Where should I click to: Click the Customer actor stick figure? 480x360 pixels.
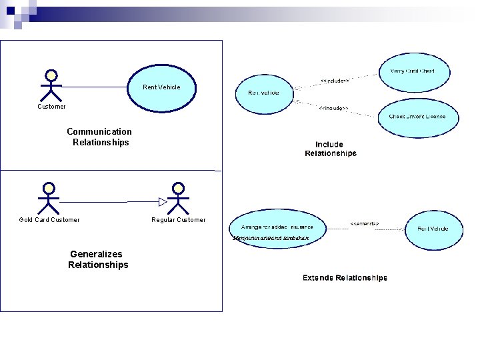click(x=51, y=85)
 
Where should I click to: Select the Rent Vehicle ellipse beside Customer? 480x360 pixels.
click(x=161, y=87)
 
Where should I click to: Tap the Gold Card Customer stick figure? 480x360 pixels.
click(x=48, y=197)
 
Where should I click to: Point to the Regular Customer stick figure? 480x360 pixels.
click(x=177, y=197)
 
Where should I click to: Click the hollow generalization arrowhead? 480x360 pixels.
click(x=163, y=201)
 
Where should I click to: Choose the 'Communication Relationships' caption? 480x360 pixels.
click(x=99, y=137)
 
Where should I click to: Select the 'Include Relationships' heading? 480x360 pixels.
click(x=330, y=149)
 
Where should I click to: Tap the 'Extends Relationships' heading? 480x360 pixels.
click(x=345, y=277)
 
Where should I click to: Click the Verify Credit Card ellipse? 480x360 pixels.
click(x=413, y=71)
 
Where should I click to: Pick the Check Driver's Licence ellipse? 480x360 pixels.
click(x=423, y=117)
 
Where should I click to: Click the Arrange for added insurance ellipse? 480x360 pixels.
click(x=277, y=227)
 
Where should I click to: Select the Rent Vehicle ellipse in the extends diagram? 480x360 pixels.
click(x=433, y=229)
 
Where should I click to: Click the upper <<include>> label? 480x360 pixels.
click(x=335, y=80)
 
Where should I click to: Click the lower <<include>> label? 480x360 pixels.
click(x=333, y=108)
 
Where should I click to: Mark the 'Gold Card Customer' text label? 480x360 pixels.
click(x=49, y=220)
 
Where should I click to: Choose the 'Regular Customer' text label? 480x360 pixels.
click(x=179, y=220)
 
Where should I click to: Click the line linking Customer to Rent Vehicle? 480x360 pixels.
click(x=93, y=87)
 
